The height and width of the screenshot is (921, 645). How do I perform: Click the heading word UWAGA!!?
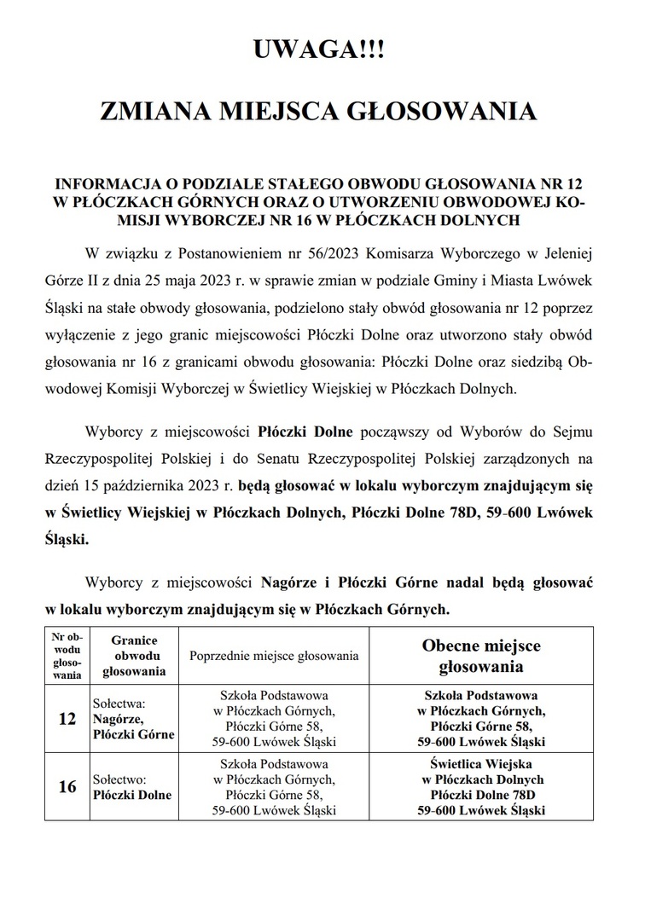click(x=320, y=50)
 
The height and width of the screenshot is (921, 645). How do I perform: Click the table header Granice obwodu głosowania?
click(x=133, y=655)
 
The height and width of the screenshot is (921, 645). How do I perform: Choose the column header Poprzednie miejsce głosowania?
click(x=274, y=656)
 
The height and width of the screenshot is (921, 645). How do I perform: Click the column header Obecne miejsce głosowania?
click(x=481, y=655)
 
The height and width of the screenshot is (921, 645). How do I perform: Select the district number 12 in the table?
click(x=67, y=719)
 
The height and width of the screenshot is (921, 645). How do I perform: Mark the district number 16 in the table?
click(x=67, y=787)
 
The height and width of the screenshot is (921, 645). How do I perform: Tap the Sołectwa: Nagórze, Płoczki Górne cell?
click(x=132, y=719)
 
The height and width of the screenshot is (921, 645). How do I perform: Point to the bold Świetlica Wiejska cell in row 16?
click(x=481, y=787)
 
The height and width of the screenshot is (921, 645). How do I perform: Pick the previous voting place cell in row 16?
click(x=274, y=787)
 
